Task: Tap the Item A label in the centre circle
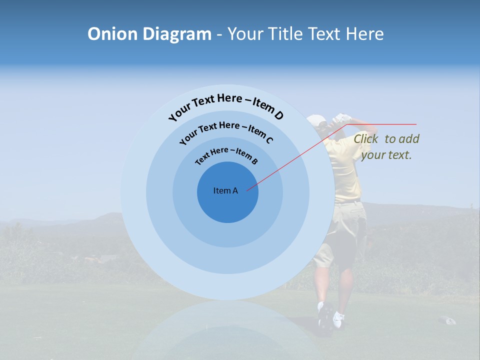(225, 190)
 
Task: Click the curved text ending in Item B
(226, 155)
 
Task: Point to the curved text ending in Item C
(226, 130)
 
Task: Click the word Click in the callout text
(366, 139)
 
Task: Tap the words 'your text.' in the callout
(386, 155)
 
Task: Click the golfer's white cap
(316, 120)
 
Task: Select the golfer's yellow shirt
(343, 170)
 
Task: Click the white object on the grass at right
(447, 320)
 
